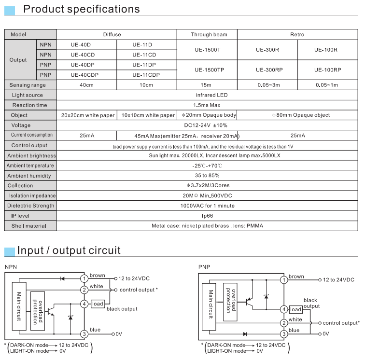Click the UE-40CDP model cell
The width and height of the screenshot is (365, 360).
tap(84, 75)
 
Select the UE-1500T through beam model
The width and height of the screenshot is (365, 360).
tap(208, 50)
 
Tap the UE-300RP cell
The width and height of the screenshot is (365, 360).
tap(269, 70)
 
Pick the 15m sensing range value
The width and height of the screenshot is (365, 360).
tap(206, 85)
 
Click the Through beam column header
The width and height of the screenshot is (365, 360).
tap(209, 34)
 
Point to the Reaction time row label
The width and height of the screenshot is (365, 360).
tap(29, 105)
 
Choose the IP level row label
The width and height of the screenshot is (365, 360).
tap(20, 216)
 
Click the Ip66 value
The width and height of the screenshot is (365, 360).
tap(208, 216)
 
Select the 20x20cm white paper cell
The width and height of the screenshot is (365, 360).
tap(88, 115)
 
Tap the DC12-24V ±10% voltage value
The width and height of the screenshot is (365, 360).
tap(206, 125)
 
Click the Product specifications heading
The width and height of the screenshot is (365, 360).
tap(82, 9)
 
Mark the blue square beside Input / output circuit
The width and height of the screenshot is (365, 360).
tap(10, 252)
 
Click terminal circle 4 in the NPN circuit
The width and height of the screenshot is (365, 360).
tap(84, 304)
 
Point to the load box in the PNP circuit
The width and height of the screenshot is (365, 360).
tap(295, 309)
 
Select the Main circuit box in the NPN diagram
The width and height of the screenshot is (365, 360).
tap(19, 306)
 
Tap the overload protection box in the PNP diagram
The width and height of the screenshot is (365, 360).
tap(230, 302)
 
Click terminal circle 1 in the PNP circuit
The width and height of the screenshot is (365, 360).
tap(284, 280)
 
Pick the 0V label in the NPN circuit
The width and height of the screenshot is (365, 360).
tap(119, 334)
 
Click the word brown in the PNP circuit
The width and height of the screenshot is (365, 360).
tap(296, 277)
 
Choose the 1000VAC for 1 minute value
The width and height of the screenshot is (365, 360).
tap(208, 206)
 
